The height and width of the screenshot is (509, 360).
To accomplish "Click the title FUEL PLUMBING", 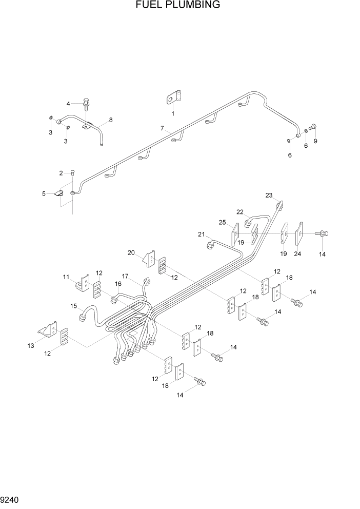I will [178, 6].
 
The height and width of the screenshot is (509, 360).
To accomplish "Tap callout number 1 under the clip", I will [173, 113].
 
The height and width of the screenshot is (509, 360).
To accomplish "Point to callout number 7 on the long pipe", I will [162, 128].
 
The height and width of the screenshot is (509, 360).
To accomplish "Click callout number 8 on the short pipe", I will [110, 120].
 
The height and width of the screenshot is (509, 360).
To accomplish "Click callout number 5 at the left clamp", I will [44, 193].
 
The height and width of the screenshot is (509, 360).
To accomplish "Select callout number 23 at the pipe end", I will [269, 195].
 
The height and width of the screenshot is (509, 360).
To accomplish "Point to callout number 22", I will [239, 211].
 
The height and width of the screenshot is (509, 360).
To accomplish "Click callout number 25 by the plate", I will [222, 222].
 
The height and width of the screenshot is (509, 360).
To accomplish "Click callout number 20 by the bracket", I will [131, 252].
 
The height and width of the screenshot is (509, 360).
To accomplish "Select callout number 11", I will [66, 277].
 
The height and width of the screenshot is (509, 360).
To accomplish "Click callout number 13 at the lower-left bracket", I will [31, 346].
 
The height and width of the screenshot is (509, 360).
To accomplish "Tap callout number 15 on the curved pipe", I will [74, 306].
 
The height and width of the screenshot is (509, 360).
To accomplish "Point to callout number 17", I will [125, 276].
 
